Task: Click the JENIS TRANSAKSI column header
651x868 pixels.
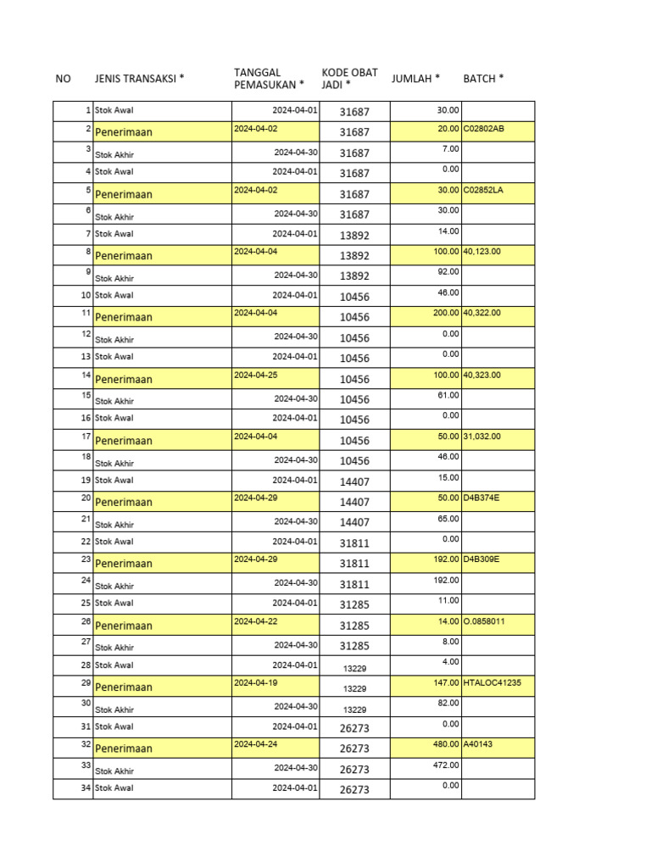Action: click(139, 79)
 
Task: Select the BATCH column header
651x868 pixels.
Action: click(483, 79)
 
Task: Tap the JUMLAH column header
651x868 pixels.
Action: click(415, 79)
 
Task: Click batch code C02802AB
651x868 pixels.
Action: click(484, 129)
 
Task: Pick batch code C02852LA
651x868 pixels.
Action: click(483, 190)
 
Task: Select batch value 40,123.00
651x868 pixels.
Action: click(482, 252)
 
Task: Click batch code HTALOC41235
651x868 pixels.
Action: click(492, 682)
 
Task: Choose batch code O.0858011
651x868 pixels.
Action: click(485, 621)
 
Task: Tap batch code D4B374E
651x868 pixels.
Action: click(481, 498)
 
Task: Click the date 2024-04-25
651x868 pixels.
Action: click(255, 375)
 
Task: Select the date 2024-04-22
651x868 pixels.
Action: click(255, 621)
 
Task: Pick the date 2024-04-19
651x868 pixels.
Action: click(255, 682)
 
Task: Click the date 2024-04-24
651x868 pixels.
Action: click(255, 744)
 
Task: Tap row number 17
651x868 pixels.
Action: click(86, 436)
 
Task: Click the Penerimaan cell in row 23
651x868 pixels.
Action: click(124, 564)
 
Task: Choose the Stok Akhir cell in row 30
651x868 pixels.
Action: click(114, 709)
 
